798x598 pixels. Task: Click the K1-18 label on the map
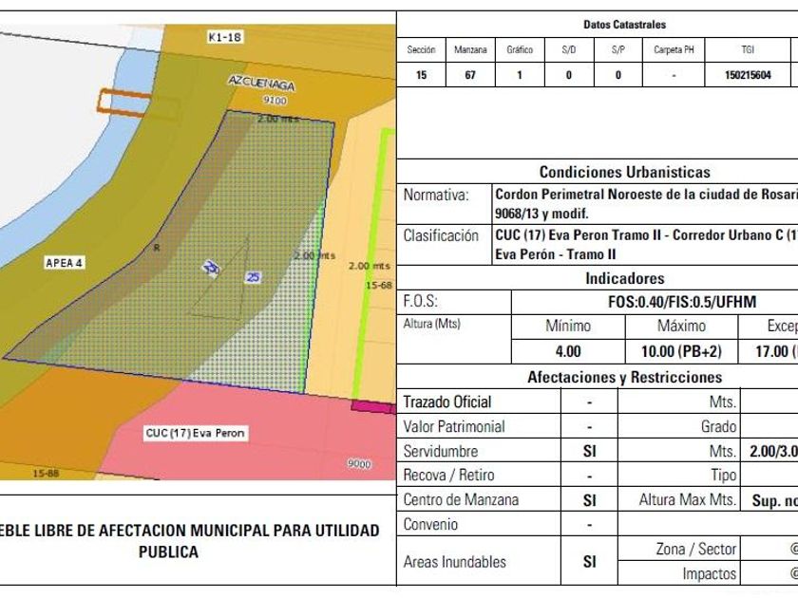[225, 37]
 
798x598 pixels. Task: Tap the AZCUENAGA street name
[261, 84]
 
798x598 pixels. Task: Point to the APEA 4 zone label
[65, 263]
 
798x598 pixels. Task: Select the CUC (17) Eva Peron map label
[196, 433]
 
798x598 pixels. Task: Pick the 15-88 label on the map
[46, 473]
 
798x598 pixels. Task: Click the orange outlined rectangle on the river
[115, 100]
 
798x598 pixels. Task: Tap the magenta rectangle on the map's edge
[372, 406]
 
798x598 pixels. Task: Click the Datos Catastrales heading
[624, 25]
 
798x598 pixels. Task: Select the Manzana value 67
[470, 74]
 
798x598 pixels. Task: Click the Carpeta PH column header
[674, 49]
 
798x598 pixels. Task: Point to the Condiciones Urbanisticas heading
[624, 173]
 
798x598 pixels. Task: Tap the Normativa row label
[436, 196]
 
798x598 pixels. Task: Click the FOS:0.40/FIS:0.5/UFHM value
[682, 303]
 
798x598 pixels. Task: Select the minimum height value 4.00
[568, 351]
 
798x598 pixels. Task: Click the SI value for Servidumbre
[589, 452]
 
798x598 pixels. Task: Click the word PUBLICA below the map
[168, 551]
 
